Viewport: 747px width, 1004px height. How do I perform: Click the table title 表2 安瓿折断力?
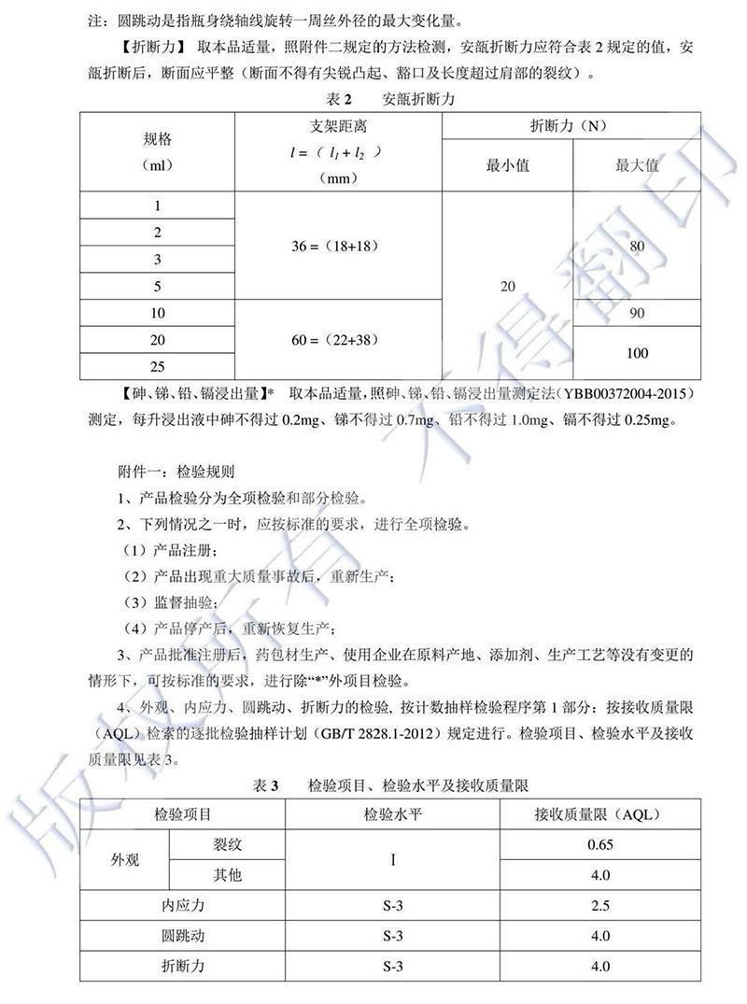pos(374,98)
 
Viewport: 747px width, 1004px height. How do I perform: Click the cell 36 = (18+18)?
pos(338,245)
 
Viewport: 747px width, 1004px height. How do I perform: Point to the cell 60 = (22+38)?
pos(338,339)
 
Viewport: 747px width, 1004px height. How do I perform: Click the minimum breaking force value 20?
pos(507,286)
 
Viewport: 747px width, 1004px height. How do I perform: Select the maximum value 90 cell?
pos(638,313)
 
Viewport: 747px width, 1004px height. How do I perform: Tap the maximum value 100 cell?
pos(638,353)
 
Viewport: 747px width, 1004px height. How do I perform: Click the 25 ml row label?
pos(157,366)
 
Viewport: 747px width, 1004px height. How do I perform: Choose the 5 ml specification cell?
pos(157,286)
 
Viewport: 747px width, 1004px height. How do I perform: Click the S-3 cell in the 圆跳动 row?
pos(393,935)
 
